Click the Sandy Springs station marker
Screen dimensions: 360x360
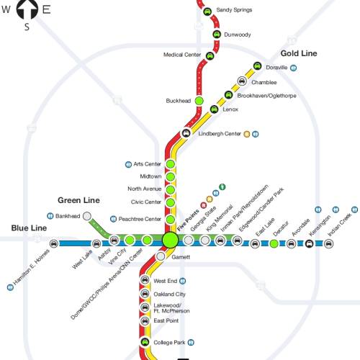point(207,12)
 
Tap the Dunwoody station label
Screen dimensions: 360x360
point(238,35)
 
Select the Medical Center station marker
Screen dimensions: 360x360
point(210,56)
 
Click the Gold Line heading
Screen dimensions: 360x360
point(299,53)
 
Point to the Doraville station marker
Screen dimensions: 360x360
point(257,66)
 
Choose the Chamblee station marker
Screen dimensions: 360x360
point(242,81)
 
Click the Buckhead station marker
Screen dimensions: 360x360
point(199,101)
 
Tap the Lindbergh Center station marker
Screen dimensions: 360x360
point(186,133)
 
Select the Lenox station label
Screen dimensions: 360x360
point(230,109)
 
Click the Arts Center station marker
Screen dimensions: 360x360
point(171,164)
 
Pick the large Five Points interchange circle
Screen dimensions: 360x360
point(170,240)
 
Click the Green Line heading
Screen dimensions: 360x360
point(78,200)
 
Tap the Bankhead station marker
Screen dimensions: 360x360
point(87,216)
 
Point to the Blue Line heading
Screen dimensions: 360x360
point(29,228)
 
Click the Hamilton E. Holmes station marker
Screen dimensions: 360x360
point(54,243)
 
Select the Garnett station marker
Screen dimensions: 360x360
point(161,256)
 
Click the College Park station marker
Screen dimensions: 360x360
point(145,342)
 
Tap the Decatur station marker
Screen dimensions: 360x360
point(274,243)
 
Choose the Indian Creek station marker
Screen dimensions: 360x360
point(328,244)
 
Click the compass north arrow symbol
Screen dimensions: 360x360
point(27,9)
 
